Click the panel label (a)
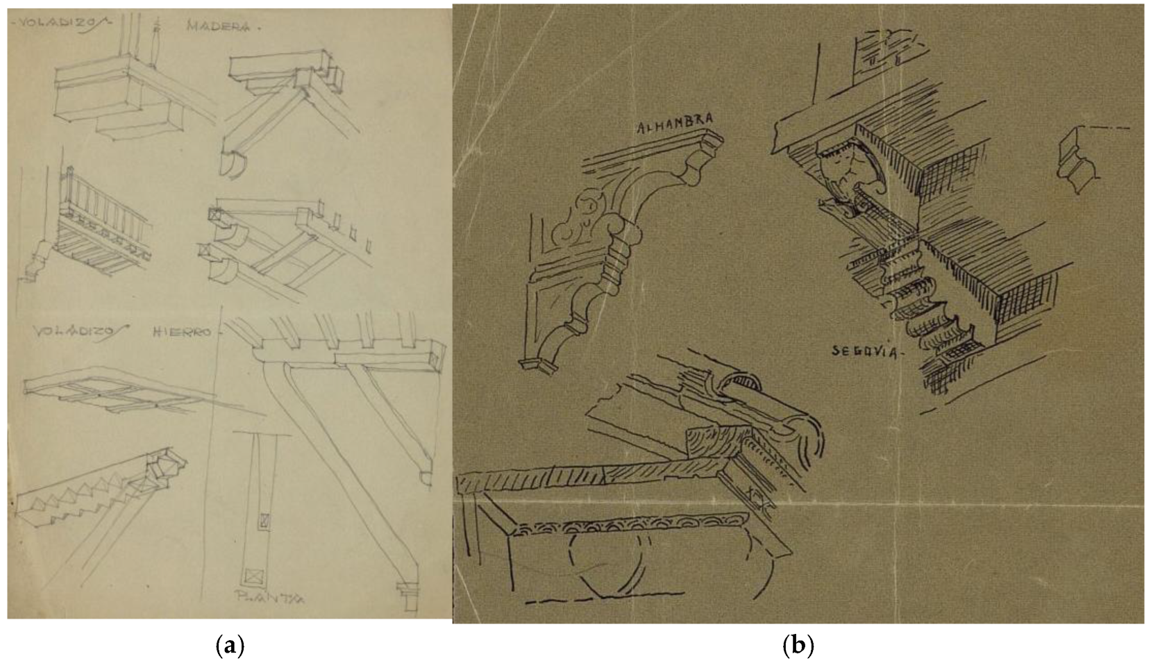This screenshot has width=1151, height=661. point(230,645)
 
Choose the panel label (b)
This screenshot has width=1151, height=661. point(798,645)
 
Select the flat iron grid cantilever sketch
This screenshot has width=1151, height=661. point(111,390)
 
